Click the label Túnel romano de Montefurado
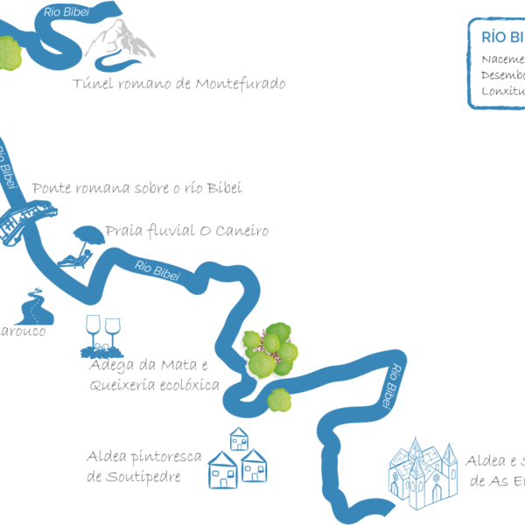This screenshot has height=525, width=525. [x=178, y=85]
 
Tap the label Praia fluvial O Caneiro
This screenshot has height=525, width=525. [x=186, y=232]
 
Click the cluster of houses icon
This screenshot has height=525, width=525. [x=235, y=458]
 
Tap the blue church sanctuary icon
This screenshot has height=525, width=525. [x=423, y=473]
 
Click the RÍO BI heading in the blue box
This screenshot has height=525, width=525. [x=502, y=37]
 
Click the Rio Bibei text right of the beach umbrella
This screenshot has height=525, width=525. [x=157, y=270]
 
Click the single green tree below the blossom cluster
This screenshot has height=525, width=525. [x=279, y=400]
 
